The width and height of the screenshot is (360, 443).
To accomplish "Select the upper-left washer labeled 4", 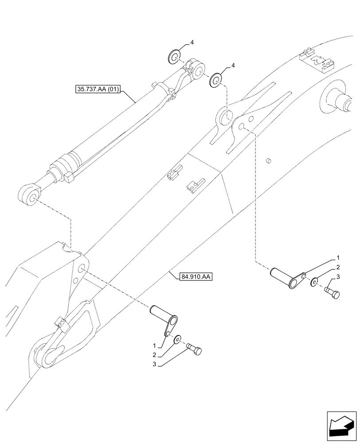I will click(174, 57).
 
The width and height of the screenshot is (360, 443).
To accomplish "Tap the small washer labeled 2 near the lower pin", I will click(177, 339).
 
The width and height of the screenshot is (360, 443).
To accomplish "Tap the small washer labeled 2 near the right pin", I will click(314, 282).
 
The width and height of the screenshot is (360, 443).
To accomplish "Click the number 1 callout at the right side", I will click(338, 257).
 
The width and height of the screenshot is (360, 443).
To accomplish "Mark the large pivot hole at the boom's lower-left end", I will click(48, 356).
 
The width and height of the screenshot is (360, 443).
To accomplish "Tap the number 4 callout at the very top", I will click(192, 43).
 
